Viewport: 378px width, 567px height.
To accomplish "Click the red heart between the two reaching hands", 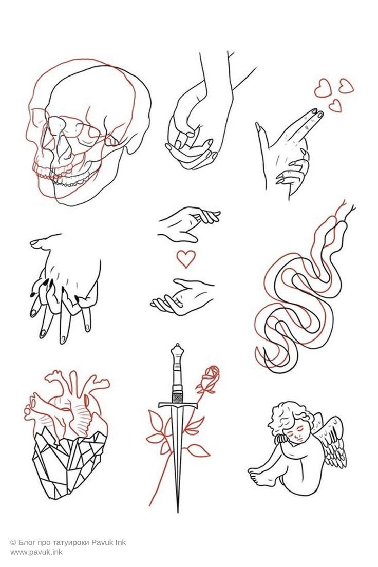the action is click(x=186, y=259).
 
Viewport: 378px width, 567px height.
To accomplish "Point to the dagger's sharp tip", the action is click(x=178, y=510).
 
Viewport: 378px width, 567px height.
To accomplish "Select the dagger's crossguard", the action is click(x=178, y=405).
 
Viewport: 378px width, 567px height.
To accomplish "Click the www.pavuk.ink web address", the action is click(x=36, y=552).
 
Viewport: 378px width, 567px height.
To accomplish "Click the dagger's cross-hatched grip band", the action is click(x=177, y=397).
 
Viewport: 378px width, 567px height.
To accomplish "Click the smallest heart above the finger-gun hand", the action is click(x=335, y=106).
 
